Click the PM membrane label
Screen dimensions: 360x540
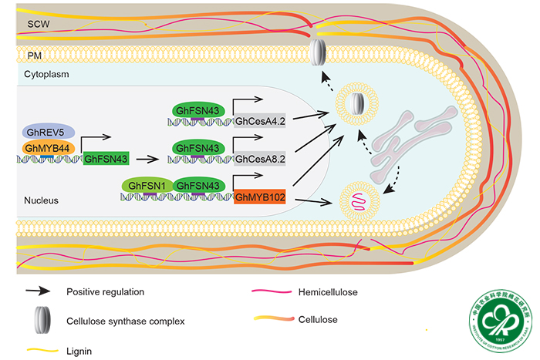point(33,56)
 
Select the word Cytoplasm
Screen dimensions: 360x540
point(46,75)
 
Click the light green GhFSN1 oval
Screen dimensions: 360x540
point(147,185)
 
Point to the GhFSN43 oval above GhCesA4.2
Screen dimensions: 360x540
point(199,111)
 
